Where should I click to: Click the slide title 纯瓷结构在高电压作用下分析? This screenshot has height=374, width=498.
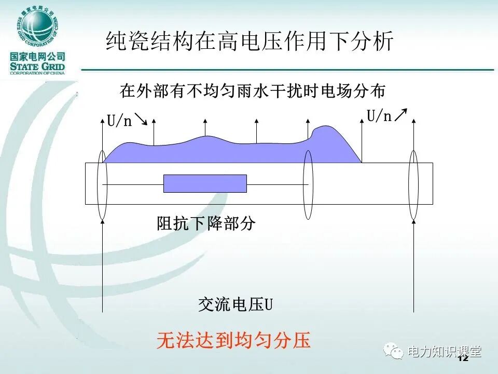pyautogui.click(x=249, y=42)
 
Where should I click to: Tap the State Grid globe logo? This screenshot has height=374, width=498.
pyautogui.click(x=37, y=26)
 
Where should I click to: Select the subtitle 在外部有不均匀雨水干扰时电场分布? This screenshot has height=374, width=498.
pyautogui.click(x=253, y=91)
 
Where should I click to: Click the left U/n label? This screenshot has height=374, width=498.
pyautogui.click(x=119, y=122)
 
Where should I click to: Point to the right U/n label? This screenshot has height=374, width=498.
pyautogui.click(x=379, y=116)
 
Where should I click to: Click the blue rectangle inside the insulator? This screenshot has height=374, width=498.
pyautogui.click(x=205, y=183)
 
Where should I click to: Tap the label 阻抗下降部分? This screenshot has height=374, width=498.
pyautogui.click(x=206, y=224)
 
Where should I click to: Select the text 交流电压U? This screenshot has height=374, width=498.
pyautogui.click(x=235, y=304)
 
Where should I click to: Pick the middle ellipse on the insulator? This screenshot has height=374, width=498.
pyautogui.click(x=309, y=184)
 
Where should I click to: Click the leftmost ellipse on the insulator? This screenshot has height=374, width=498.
pyautogui.click(x=102, y=184)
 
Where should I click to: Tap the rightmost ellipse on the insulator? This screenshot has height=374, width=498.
pyautogui.click(x=413, y=184)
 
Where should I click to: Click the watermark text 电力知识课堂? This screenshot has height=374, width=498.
pyautogui.click(x=445, y=352)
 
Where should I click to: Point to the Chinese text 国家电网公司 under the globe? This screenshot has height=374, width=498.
pyautogui.click(x=37, y=57)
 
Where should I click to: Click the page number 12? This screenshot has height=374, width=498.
pyautogui.click(x=463, y=358)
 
